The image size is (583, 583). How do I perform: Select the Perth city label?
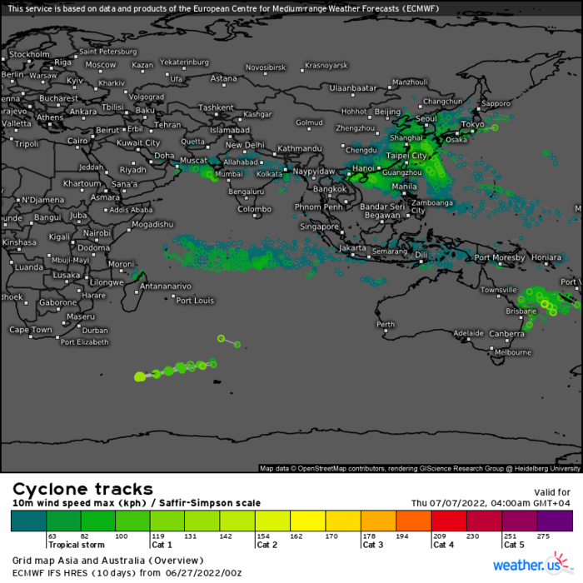[x=386, y=324]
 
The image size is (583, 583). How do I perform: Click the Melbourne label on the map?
[x=512, y=352]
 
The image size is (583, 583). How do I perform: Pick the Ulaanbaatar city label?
[x=353, y=87]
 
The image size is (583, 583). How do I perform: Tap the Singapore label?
[x=320, y=227]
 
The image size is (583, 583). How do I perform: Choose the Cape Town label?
[x=31, y=330]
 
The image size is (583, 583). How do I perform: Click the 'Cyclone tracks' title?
[x=82, y=489]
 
